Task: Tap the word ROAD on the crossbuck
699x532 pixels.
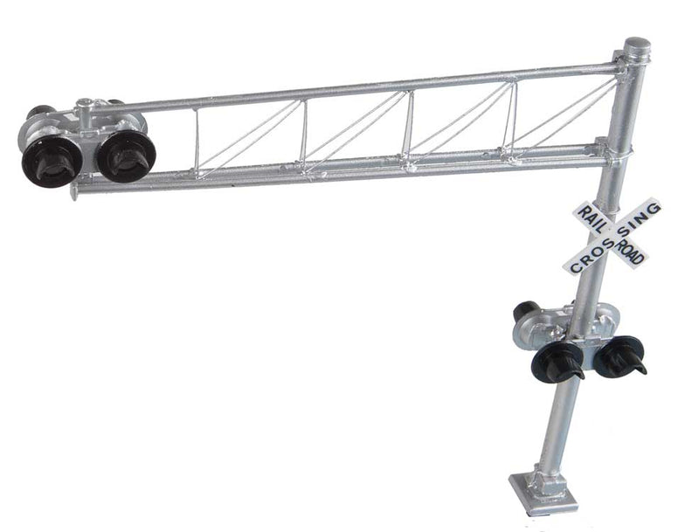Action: click(629, 249)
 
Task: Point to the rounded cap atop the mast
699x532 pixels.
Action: click(636, 46)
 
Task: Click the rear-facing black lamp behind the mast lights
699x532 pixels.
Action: click(525, 311)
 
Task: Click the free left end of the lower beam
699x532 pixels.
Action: click(77, 188)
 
